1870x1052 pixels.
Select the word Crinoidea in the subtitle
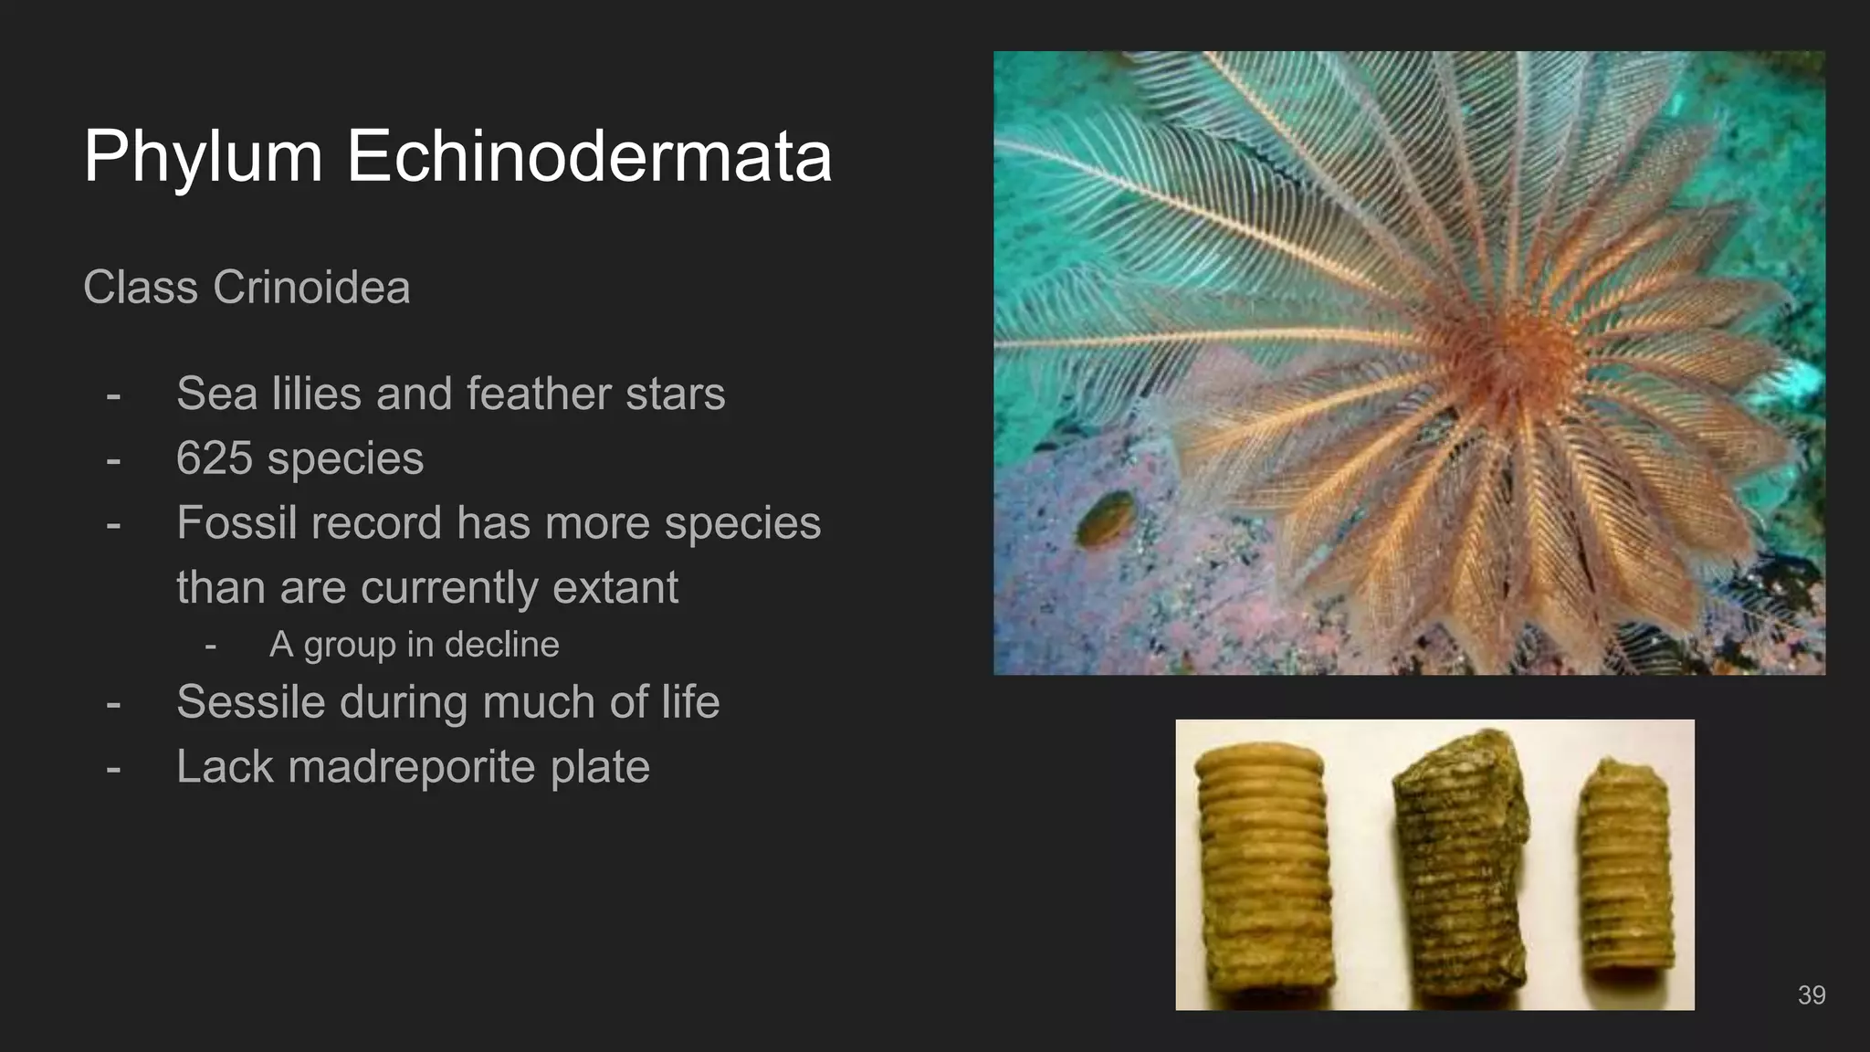tap(311, 288)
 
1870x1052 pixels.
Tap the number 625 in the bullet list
tap(215, 458)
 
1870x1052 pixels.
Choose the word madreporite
tap(411, 767)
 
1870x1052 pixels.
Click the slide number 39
tap(1811, 995)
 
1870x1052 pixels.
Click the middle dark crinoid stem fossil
tap(1459, 868)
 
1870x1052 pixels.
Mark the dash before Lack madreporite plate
tap(113, 767)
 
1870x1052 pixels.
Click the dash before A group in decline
tap(211, 645)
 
